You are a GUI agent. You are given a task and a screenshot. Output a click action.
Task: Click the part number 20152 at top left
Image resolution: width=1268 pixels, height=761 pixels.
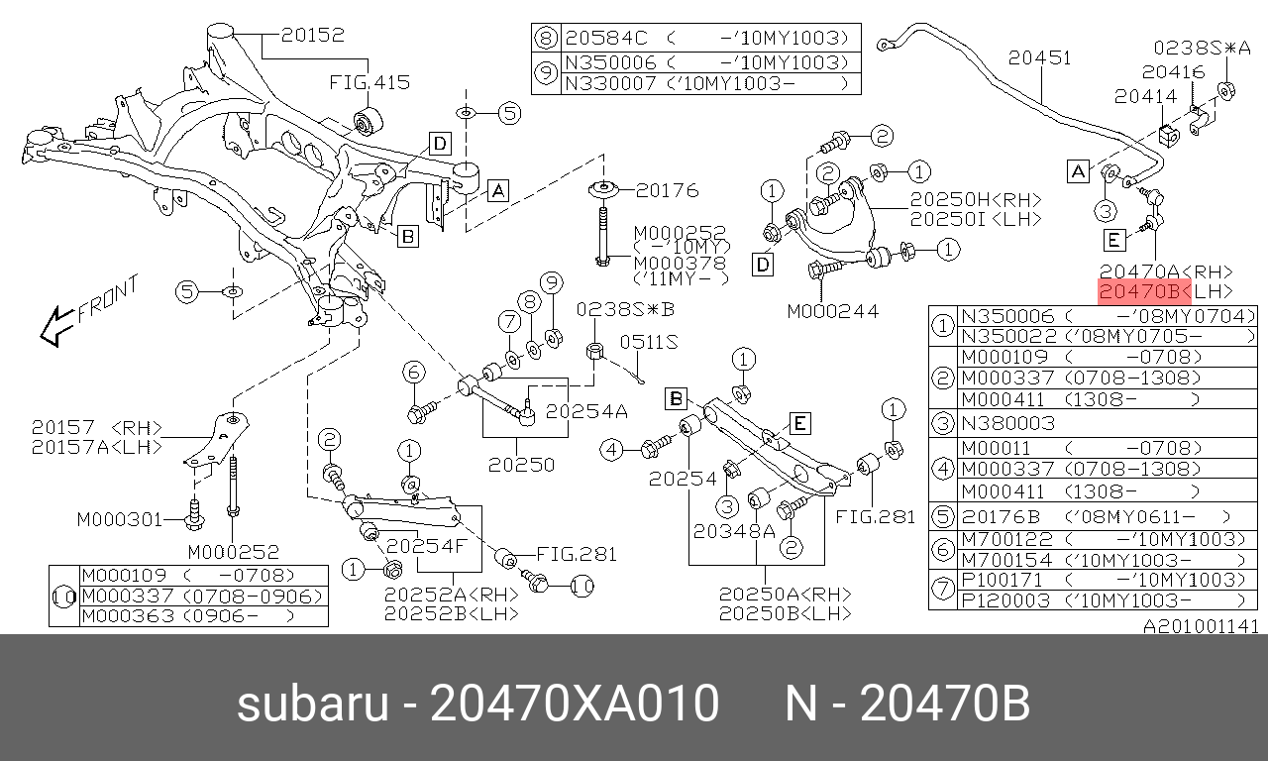312,35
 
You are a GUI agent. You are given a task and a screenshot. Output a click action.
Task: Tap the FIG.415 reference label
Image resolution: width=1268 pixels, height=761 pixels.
370,82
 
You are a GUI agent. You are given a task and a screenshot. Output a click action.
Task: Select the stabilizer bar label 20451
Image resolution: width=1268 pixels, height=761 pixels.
1040,57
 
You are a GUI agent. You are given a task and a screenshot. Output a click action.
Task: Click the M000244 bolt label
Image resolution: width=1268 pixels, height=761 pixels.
833,311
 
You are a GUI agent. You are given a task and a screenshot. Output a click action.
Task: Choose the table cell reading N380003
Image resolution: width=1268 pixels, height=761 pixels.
1008,423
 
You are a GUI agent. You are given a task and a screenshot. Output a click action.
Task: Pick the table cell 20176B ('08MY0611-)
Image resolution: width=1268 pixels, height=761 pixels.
1096,517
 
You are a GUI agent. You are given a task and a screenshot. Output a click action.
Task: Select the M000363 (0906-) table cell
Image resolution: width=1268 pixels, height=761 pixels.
188,616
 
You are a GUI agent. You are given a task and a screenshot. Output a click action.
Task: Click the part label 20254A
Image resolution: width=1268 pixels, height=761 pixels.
586,411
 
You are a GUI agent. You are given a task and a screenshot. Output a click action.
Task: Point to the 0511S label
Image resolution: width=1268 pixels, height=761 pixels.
649,342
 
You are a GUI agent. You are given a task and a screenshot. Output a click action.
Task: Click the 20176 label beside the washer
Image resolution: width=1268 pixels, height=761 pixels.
668,190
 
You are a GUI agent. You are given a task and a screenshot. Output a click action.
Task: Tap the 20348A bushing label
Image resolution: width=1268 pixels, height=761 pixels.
734,531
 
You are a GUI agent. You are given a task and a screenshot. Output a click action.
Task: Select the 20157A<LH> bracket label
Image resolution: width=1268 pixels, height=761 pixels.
97,447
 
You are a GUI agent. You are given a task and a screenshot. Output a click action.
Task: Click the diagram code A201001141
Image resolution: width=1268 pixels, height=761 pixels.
1202,626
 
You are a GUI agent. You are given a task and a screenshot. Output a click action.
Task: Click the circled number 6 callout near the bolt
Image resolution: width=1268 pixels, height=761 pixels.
414,373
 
